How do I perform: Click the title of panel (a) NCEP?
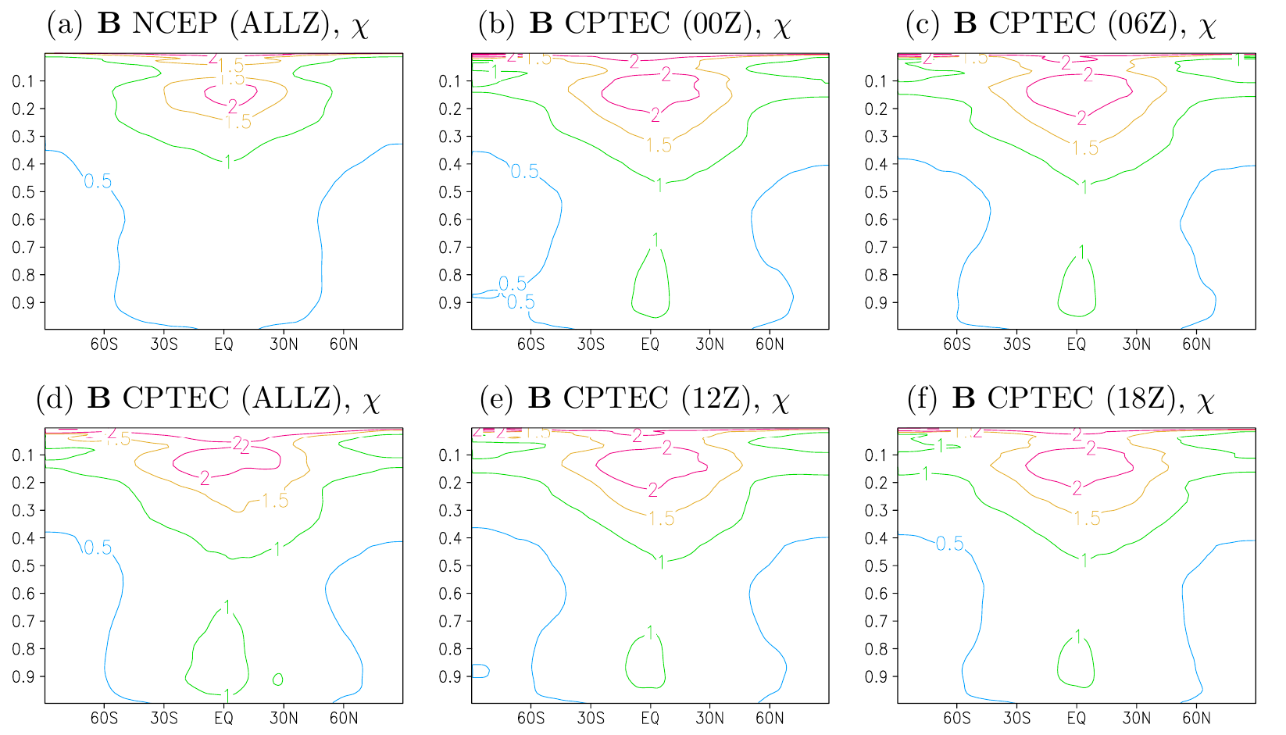coord(207,24)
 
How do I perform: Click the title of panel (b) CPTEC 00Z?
coord(634,24)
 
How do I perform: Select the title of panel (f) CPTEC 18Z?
coord(1060,398)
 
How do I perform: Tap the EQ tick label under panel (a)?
coord(223,344)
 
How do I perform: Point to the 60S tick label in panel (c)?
coord(956,344)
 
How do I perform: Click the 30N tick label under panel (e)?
coord(709,718)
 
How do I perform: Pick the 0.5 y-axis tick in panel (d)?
coord(25,566)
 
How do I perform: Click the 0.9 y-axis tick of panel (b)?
coord(452,302)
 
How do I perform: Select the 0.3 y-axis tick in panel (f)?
coord(878,510)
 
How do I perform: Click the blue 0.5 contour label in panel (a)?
coord(98,181)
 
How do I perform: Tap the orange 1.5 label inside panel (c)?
coord(1084,148)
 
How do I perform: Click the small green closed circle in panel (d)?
coord(277,680)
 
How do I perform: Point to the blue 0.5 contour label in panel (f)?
coord(950,544)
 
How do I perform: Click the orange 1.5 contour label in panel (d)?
coord(275,501)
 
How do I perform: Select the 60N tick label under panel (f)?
coord(1196,718)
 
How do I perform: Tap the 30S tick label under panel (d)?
coord(164,718)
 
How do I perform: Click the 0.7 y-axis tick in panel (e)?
coord(452,621)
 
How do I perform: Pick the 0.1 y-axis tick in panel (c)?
coord(878,81)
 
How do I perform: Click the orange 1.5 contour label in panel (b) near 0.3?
coord(659,145)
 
